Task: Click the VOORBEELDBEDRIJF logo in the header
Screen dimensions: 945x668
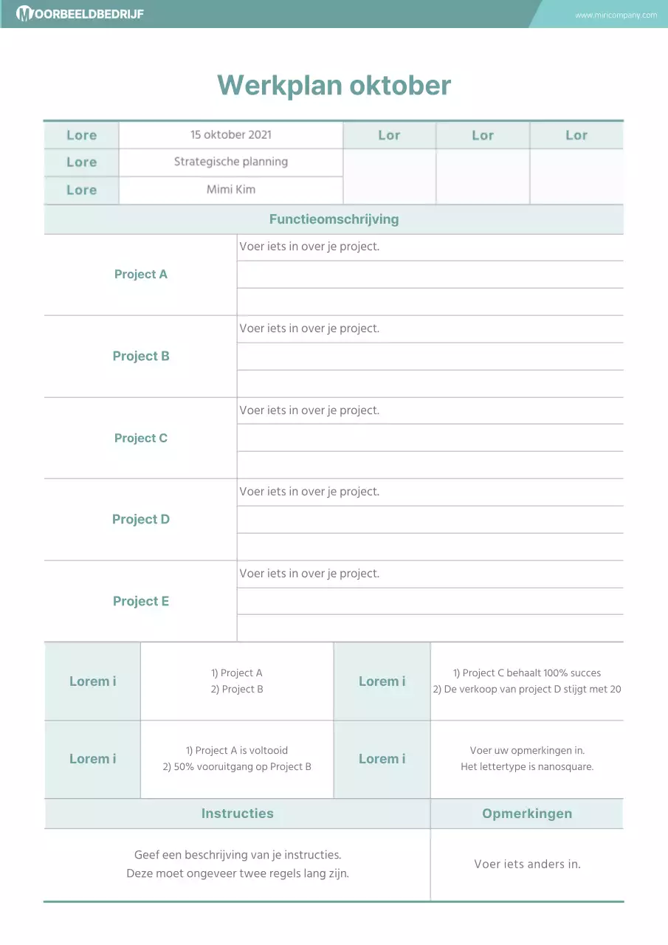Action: coord(80,14)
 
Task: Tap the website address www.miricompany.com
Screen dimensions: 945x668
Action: coord(616,15)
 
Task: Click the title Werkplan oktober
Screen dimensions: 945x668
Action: coord(334,85)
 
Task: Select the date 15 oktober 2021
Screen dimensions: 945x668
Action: coord(231,134)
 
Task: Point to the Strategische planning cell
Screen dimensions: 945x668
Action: coord(231,162)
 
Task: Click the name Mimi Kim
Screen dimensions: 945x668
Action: coord(231,189)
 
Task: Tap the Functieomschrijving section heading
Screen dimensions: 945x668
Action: coord(334,219)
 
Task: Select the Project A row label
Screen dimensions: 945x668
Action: coord(141,275)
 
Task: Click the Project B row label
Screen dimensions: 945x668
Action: coord(141,356)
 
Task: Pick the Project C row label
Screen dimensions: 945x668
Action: coord(141,438)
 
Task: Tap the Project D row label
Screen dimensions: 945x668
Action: coord(141,519)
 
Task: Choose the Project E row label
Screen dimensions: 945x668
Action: coord(141,601)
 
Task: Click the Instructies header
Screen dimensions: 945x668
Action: coord(237,814)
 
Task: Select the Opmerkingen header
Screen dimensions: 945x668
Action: coord(527,814)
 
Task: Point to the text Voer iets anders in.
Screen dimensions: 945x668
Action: coord(527,864)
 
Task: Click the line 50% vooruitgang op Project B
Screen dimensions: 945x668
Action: coord(237,766)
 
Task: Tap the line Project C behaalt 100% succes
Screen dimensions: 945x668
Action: coord(527,673)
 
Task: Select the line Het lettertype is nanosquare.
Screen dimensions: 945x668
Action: coord(527,766)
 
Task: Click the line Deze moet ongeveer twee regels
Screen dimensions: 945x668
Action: coord(237,873)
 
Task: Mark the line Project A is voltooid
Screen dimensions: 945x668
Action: coord(237,750)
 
